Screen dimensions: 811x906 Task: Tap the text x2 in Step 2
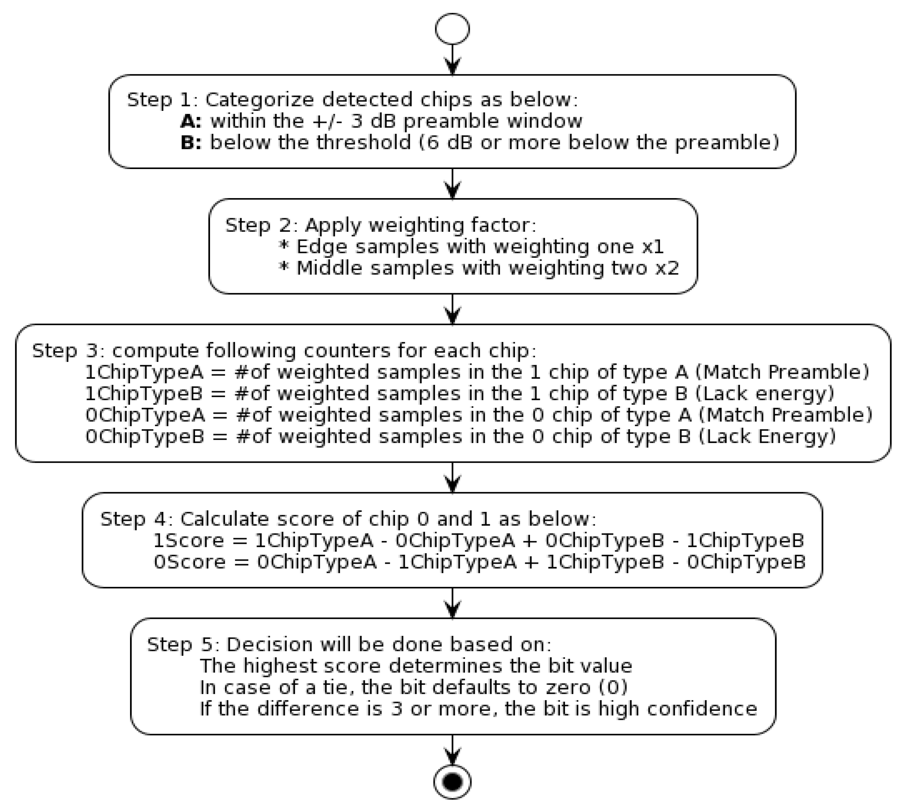(667, 268)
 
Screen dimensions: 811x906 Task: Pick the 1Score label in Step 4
(188, 541)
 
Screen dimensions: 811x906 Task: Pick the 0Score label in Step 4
(189, 562)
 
